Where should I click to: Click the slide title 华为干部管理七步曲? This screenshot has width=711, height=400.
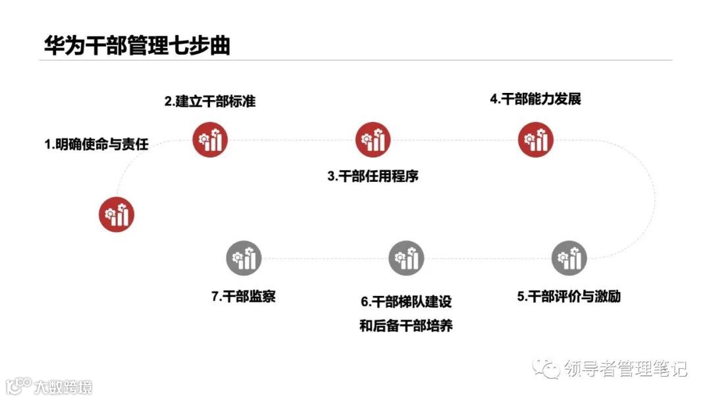point(136,45)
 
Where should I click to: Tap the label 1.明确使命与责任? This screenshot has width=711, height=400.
point(96,144)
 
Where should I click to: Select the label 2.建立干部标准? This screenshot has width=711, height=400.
point(209,101)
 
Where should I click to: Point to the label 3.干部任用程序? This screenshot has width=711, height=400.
point(373,177)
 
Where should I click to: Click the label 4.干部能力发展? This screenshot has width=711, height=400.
point(535,100)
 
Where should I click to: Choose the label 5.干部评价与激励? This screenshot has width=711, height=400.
point(569,297)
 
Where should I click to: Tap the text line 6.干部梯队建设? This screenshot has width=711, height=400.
point(406,302)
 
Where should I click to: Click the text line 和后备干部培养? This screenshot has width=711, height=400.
point(406,326)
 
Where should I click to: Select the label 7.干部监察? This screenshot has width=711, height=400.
point(243,297)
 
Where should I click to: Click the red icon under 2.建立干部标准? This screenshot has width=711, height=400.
point(210,140)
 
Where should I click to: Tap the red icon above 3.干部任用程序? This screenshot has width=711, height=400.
point(373,140)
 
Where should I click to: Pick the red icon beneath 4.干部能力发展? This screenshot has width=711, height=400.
point(535,140)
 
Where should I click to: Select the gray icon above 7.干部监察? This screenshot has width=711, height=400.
point(244,258)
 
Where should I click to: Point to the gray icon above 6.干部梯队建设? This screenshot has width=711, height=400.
point(406,258)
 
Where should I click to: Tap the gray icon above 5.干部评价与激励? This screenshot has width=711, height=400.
point(569,258)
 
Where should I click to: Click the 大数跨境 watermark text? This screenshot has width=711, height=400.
point(64,386)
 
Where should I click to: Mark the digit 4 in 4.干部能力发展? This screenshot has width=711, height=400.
point(494,100)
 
